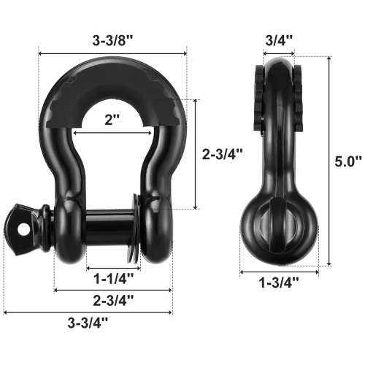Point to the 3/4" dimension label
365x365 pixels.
(x=278, y=40)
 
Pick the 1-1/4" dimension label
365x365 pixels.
(x=112, y=278)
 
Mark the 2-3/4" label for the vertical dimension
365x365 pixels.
(x=221, y=154)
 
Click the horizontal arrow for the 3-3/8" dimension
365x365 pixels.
(x=112, y=53)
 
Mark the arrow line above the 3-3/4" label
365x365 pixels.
(x=88, y=314)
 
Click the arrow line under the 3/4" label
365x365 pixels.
(x=277, y=53)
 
